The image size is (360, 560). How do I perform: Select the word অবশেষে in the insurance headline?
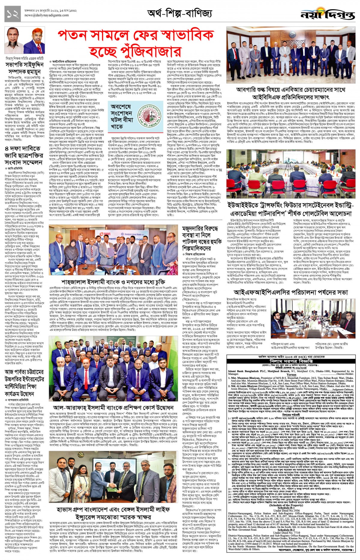(121, 107)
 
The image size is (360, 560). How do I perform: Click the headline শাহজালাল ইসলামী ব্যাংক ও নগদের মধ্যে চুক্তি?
(113, 282)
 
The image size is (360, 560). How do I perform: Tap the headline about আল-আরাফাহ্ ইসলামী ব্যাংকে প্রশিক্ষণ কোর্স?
(113, 408)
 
